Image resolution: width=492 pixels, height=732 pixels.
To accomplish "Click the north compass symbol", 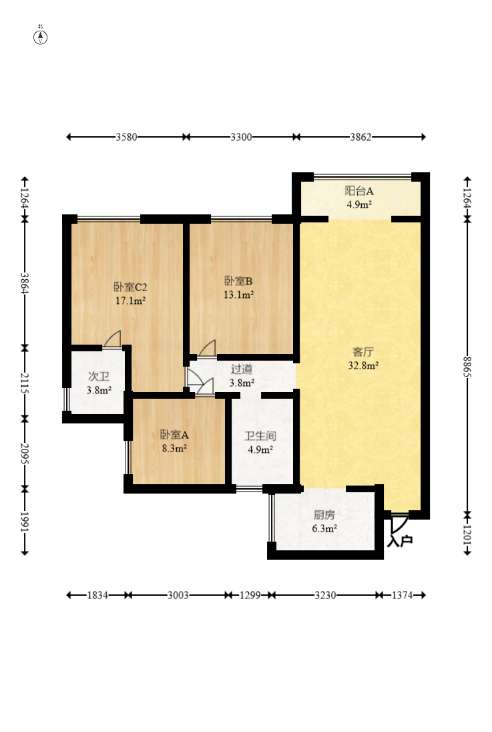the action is click(x=41, y=37).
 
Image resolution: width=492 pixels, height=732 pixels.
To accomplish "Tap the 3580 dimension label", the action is click(x=126, y=137).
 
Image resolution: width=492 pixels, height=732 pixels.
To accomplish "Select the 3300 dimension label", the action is click(x=242, y=137).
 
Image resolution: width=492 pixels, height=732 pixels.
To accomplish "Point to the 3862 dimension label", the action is click(x=361, y=137).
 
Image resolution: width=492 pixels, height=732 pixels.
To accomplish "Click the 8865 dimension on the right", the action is click(x=467, y=367).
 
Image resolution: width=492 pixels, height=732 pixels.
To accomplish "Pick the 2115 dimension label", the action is click(x=25, y=383).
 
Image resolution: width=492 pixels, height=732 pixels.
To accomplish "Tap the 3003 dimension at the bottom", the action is click(x=178, y=595).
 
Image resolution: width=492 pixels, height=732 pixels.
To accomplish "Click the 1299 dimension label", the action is click(x=250, y=595).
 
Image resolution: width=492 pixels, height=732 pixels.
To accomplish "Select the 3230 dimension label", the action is click(x=325, y=595).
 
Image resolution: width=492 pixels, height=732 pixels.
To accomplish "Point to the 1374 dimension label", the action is click(x=402, y=595).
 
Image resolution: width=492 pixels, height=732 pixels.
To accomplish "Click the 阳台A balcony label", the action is click(x=359, y=190).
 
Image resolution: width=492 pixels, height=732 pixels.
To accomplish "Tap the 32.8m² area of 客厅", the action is click(x=363, y=365).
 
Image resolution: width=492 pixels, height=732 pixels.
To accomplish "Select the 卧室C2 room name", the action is click(x=130, y=287).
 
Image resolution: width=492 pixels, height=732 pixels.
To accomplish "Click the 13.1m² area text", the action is click(x=238, y=295).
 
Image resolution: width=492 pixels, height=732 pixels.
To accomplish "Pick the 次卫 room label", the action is click(x=99, y=376).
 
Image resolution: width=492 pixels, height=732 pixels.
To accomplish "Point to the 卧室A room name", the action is click(x=175, y=435).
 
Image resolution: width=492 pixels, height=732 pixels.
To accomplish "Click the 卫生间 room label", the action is click(x=260, y=436).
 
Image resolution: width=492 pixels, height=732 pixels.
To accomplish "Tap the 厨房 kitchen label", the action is click(x=324, y=515).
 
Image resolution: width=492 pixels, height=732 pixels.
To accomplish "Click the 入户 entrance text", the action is click(x=400, y=541).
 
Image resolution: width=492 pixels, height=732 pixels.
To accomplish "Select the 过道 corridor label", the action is click(x=242, y=369).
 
